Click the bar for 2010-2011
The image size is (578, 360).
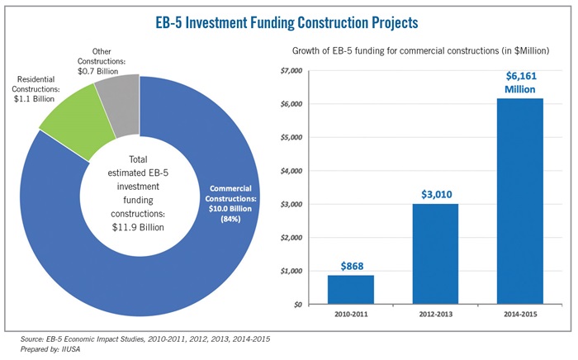[351, 290]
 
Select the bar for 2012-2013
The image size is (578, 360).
[435, 253]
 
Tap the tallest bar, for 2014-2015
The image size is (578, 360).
[520, 201]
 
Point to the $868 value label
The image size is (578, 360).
[352, 266]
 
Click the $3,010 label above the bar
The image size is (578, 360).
[437, 194]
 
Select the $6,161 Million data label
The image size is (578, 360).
[520, 83]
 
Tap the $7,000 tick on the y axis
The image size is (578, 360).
[291, 71]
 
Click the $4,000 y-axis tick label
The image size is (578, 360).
[291, 171]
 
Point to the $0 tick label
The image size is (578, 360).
[298, 305]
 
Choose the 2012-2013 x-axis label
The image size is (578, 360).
[436, 315]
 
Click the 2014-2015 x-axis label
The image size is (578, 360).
[520, 315]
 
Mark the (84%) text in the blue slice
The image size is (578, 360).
[230, 219]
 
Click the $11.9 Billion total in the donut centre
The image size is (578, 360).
[138, 227]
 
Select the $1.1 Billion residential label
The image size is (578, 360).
[35, 99]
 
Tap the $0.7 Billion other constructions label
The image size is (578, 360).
[97, 71]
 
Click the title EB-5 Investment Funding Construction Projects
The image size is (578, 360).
[287, 22]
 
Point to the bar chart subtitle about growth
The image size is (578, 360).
[420, 50]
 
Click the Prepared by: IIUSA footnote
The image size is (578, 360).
[50, 349]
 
